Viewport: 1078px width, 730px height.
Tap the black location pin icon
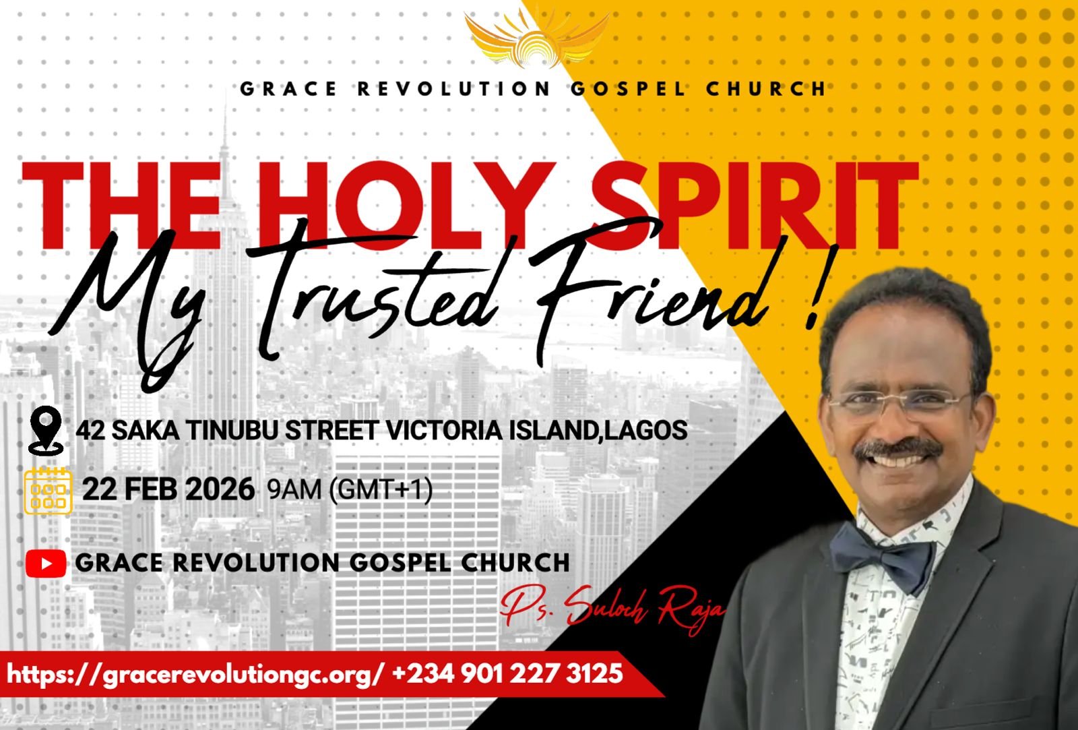pyautogui.click(x=46, y=431)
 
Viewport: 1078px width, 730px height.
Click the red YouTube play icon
pyautogui.click(x=46, y=563)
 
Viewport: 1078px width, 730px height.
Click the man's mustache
pyautogui.click(x=898, y=450)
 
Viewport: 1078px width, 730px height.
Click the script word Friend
pyautogui.click(x=649, y=294)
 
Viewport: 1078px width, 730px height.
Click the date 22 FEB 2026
pyautogui.click(x=168, y=489)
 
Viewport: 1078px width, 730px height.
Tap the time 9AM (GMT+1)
pyautogui.click(x=350, y=490)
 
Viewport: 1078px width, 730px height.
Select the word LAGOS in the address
pyautogui.click(x=645, y=430)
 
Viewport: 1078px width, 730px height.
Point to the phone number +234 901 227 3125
pyautogui.click(x=508, y=673)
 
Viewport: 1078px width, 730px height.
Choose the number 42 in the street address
pyautogui.click(x=90, y=430)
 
